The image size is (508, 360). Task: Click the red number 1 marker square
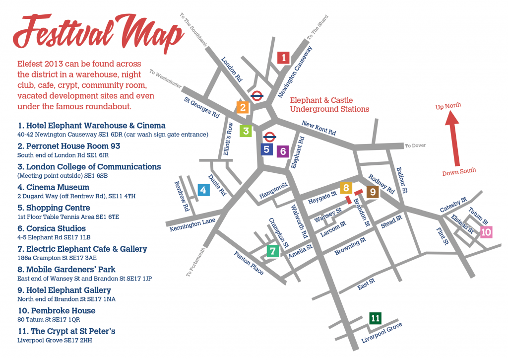click(x=283, y=58)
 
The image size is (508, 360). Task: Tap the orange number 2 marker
click(x=243, y=107)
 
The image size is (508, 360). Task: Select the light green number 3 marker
click(x=246, y=131)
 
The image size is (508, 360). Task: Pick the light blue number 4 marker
click(x=202, y=190)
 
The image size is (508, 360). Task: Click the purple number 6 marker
click(x=282, y=151)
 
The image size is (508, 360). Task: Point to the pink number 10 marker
click(x=486, y=232)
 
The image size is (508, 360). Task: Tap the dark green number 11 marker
click(x=376, y=318)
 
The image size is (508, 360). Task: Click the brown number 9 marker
click(x=372, y=191)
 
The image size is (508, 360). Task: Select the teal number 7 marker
click(x=272, y=251)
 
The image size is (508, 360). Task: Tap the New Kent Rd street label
click(x=319, y=129)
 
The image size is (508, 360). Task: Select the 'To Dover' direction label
click(x=415, y=145)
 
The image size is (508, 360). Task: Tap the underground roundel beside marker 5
click(x=270, y=137)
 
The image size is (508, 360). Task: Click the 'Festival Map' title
click(x=99, y=33)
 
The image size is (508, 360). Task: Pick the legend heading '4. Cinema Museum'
click(x=53, y=187)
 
